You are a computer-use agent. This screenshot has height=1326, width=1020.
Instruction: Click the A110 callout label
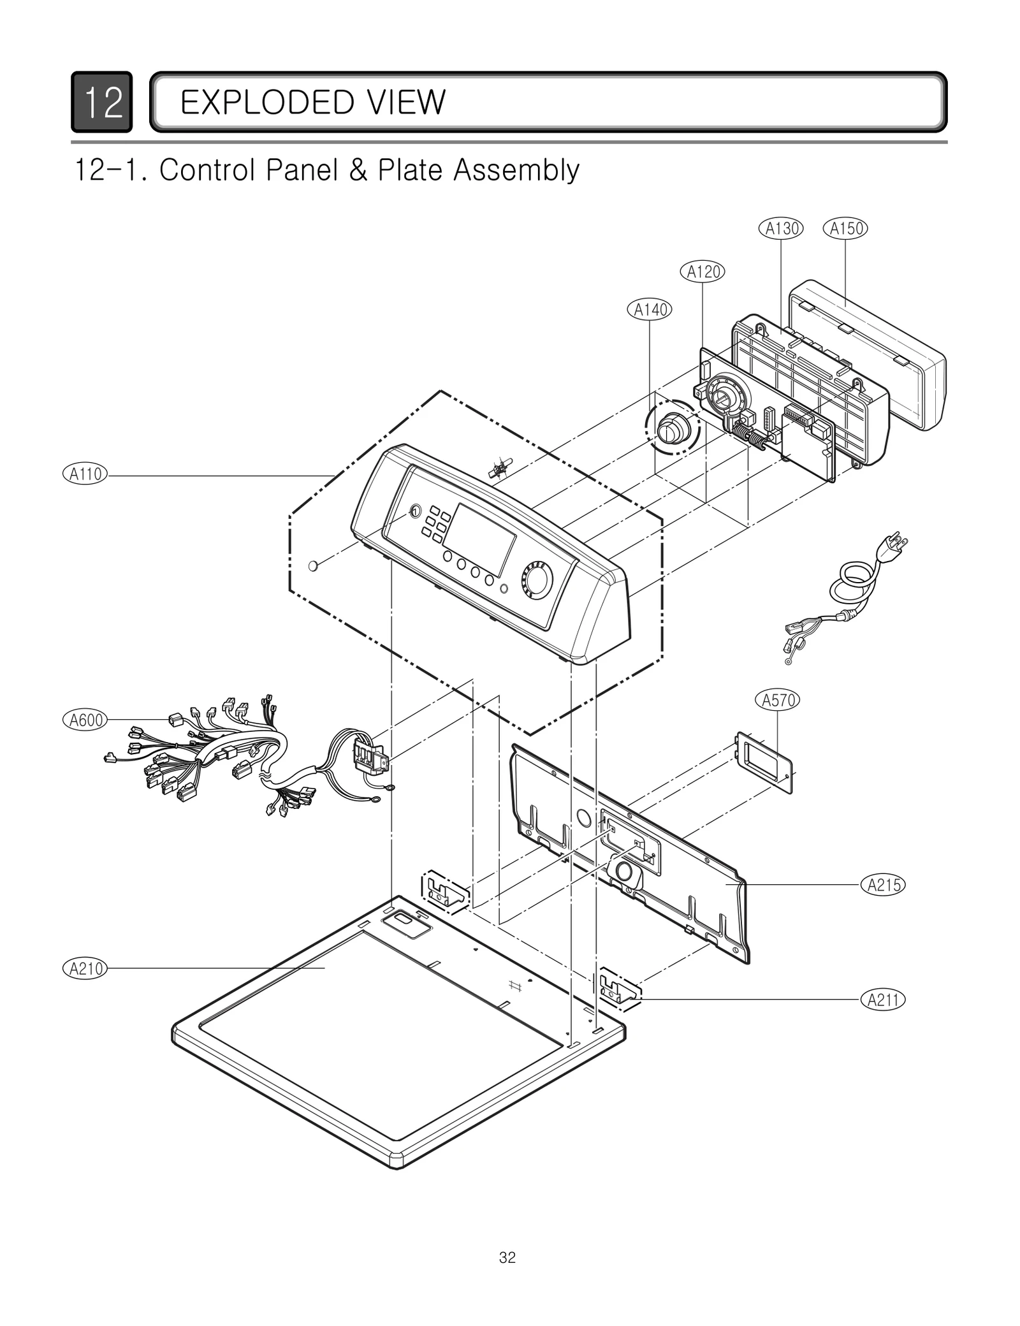pyautogui.click(x=85, y=474)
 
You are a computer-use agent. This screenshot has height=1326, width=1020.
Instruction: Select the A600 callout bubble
pyautogui.click(x=85, y=720)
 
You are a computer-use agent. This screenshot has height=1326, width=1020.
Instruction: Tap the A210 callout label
pyautogui.click(x=85, y=969)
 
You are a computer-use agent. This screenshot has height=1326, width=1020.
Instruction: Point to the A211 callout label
pyautogui.click(x=883, y=1000)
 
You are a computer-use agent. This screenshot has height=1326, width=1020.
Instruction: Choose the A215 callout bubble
pyautogui.click(x=883, y=885)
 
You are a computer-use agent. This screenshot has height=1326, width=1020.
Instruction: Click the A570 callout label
pyautogui.click(x=778, y=700)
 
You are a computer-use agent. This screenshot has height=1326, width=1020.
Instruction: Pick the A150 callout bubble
pyautogui.click(x=845, y=228)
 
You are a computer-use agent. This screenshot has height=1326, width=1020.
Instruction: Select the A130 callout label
pyautogui.click(x=781, y=228)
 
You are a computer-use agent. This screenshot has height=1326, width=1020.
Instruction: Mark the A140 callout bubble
pyautogui.click(x=650, y=310)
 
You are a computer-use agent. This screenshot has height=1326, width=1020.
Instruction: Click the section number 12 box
pyautogui.click(x=102, y=102)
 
